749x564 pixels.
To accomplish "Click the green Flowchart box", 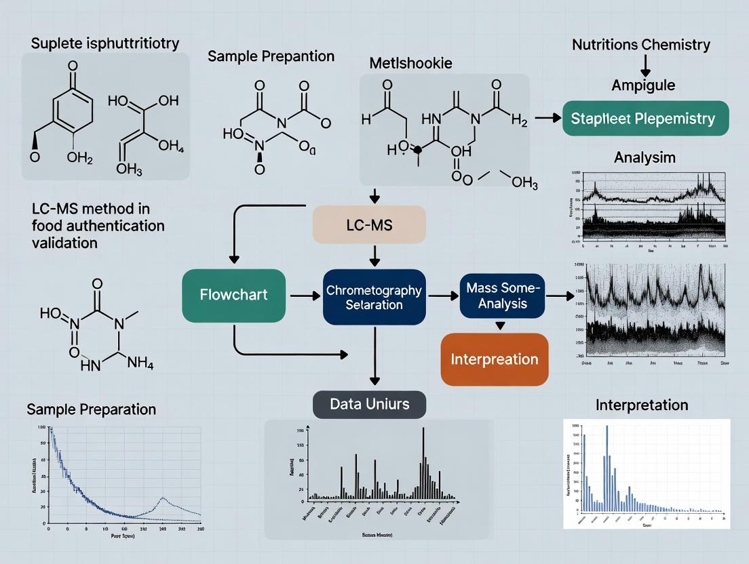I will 233,295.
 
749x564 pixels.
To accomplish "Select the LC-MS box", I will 369,225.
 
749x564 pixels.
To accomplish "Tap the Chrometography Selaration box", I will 374,298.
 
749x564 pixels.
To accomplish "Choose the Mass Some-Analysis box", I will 502,296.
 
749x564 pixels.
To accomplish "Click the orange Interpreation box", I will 494,359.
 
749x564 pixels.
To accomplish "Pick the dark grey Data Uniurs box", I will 369,404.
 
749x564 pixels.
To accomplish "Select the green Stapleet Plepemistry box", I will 646,119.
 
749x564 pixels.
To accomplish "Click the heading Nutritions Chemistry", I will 641,45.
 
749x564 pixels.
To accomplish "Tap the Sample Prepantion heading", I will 271,56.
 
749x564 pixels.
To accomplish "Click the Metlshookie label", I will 410,63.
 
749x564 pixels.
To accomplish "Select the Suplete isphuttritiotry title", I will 105,43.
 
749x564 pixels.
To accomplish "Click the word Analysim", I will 645,157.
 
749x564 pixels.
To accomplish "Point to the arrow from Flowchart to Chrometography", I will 305,296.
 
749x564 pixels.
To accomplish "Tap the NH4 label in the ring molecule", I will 140,363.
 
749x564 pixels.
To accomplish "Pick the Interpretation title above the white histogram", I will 642,405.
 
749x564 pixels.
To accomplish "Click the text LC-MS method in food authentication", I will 98,217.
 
